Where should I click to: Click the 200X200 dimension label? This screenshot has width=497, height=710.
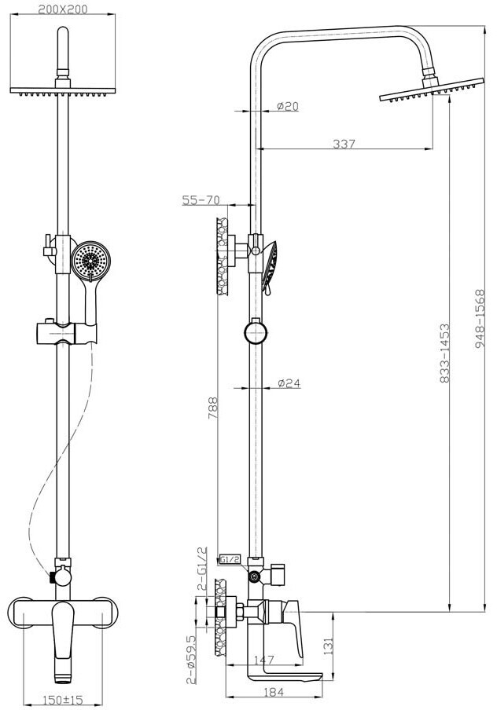[63, 9]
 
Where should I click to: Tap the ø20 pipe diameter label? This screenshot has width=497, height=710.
[288, 106]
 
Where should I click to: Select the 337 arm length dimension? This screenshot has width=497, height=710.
[344, 144]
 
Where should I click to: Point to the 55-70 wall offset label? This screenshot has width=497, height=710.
[201, 199]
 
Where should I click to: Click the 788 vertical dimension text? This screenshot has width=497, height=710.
[212, 408]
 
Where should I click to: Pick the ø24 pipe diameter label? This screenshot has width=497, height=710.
[289, 383]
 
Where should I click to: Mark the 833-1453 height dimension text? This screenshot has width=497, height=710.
[445, 353]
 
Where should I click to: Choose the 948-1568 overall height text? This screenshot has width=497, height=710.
[480, 319]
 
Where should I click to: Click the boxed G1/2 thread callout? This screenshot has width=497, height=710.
[230, 559]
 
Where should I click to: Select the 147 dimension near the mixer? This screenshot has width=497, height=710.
[263, 660]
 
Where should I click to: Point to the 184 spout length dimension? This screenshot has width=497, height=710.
[273, 692]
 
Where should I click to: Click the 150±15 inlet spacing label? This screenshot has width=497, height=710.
[63, 700]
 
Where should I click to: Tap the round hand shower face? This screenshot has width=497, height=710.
[90, 261]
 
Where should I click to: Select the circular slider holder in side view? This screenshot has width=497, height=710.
[256, 332]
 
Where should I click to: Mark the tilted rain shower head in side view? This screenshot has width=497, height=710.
[432, 90]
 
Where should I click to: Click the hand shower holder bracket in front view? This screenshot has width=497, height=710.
[67, 333]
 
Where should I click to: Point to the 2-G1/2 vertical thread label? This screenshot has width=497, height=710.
[203, 569]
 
